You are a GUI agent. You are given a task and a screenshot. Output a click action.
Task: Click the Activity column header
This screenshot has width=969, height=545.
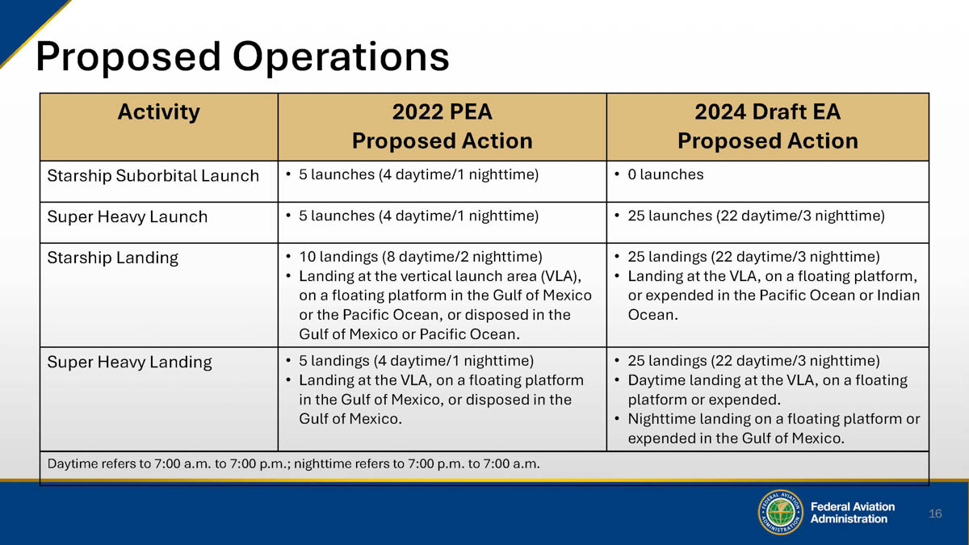[158, 112]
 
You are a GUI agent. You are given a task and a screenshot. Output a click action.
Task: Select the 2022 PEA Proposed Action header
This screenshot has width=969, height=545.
[442, 126]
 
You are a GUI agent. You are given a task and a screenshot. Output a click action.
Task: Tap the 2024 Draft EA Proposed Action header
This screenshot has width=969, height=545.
[767, 126]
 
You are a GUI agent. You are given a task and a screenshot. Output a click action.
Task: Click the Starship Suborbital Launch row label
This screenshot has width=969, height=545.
[153, 176]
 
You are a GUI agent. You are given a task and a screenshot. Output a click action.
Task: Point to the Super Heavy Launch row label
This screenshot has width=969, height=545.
[128, 217]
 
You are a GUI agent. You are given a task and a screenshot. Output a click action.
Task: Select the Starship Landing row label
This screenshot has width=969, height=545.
[112, 258]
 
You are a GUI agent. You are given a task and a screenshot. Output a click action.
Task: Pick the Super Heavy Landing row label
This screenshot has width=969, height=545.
[129, 363]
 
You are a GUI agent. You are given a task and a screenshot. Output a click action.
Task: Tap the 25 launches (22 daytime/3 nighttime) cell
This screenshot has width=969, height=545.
[756, 216]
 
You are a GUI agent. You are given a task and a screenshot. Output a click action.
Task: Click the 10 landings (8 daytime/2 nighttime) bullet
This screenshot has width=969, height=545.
[420, 258]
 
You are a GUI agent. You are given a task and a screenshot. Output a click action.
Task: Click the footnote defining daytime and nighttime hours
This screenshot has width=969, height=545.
[294, 464]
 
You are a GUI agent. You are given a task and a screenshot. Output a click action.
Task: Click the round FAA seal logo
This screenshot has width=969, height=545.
[780, 512]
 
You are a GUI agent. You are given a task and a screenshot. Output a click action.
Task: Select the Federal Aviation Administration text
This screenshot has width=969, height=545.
[852, 513]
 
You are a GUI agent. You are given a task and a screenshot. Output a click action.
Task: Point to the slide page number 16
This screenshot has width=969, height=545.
[935, 514]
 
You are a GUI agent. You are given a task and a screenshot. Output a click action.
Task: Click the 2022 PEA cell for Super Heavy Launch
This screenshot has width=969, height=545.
[418, 216]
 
